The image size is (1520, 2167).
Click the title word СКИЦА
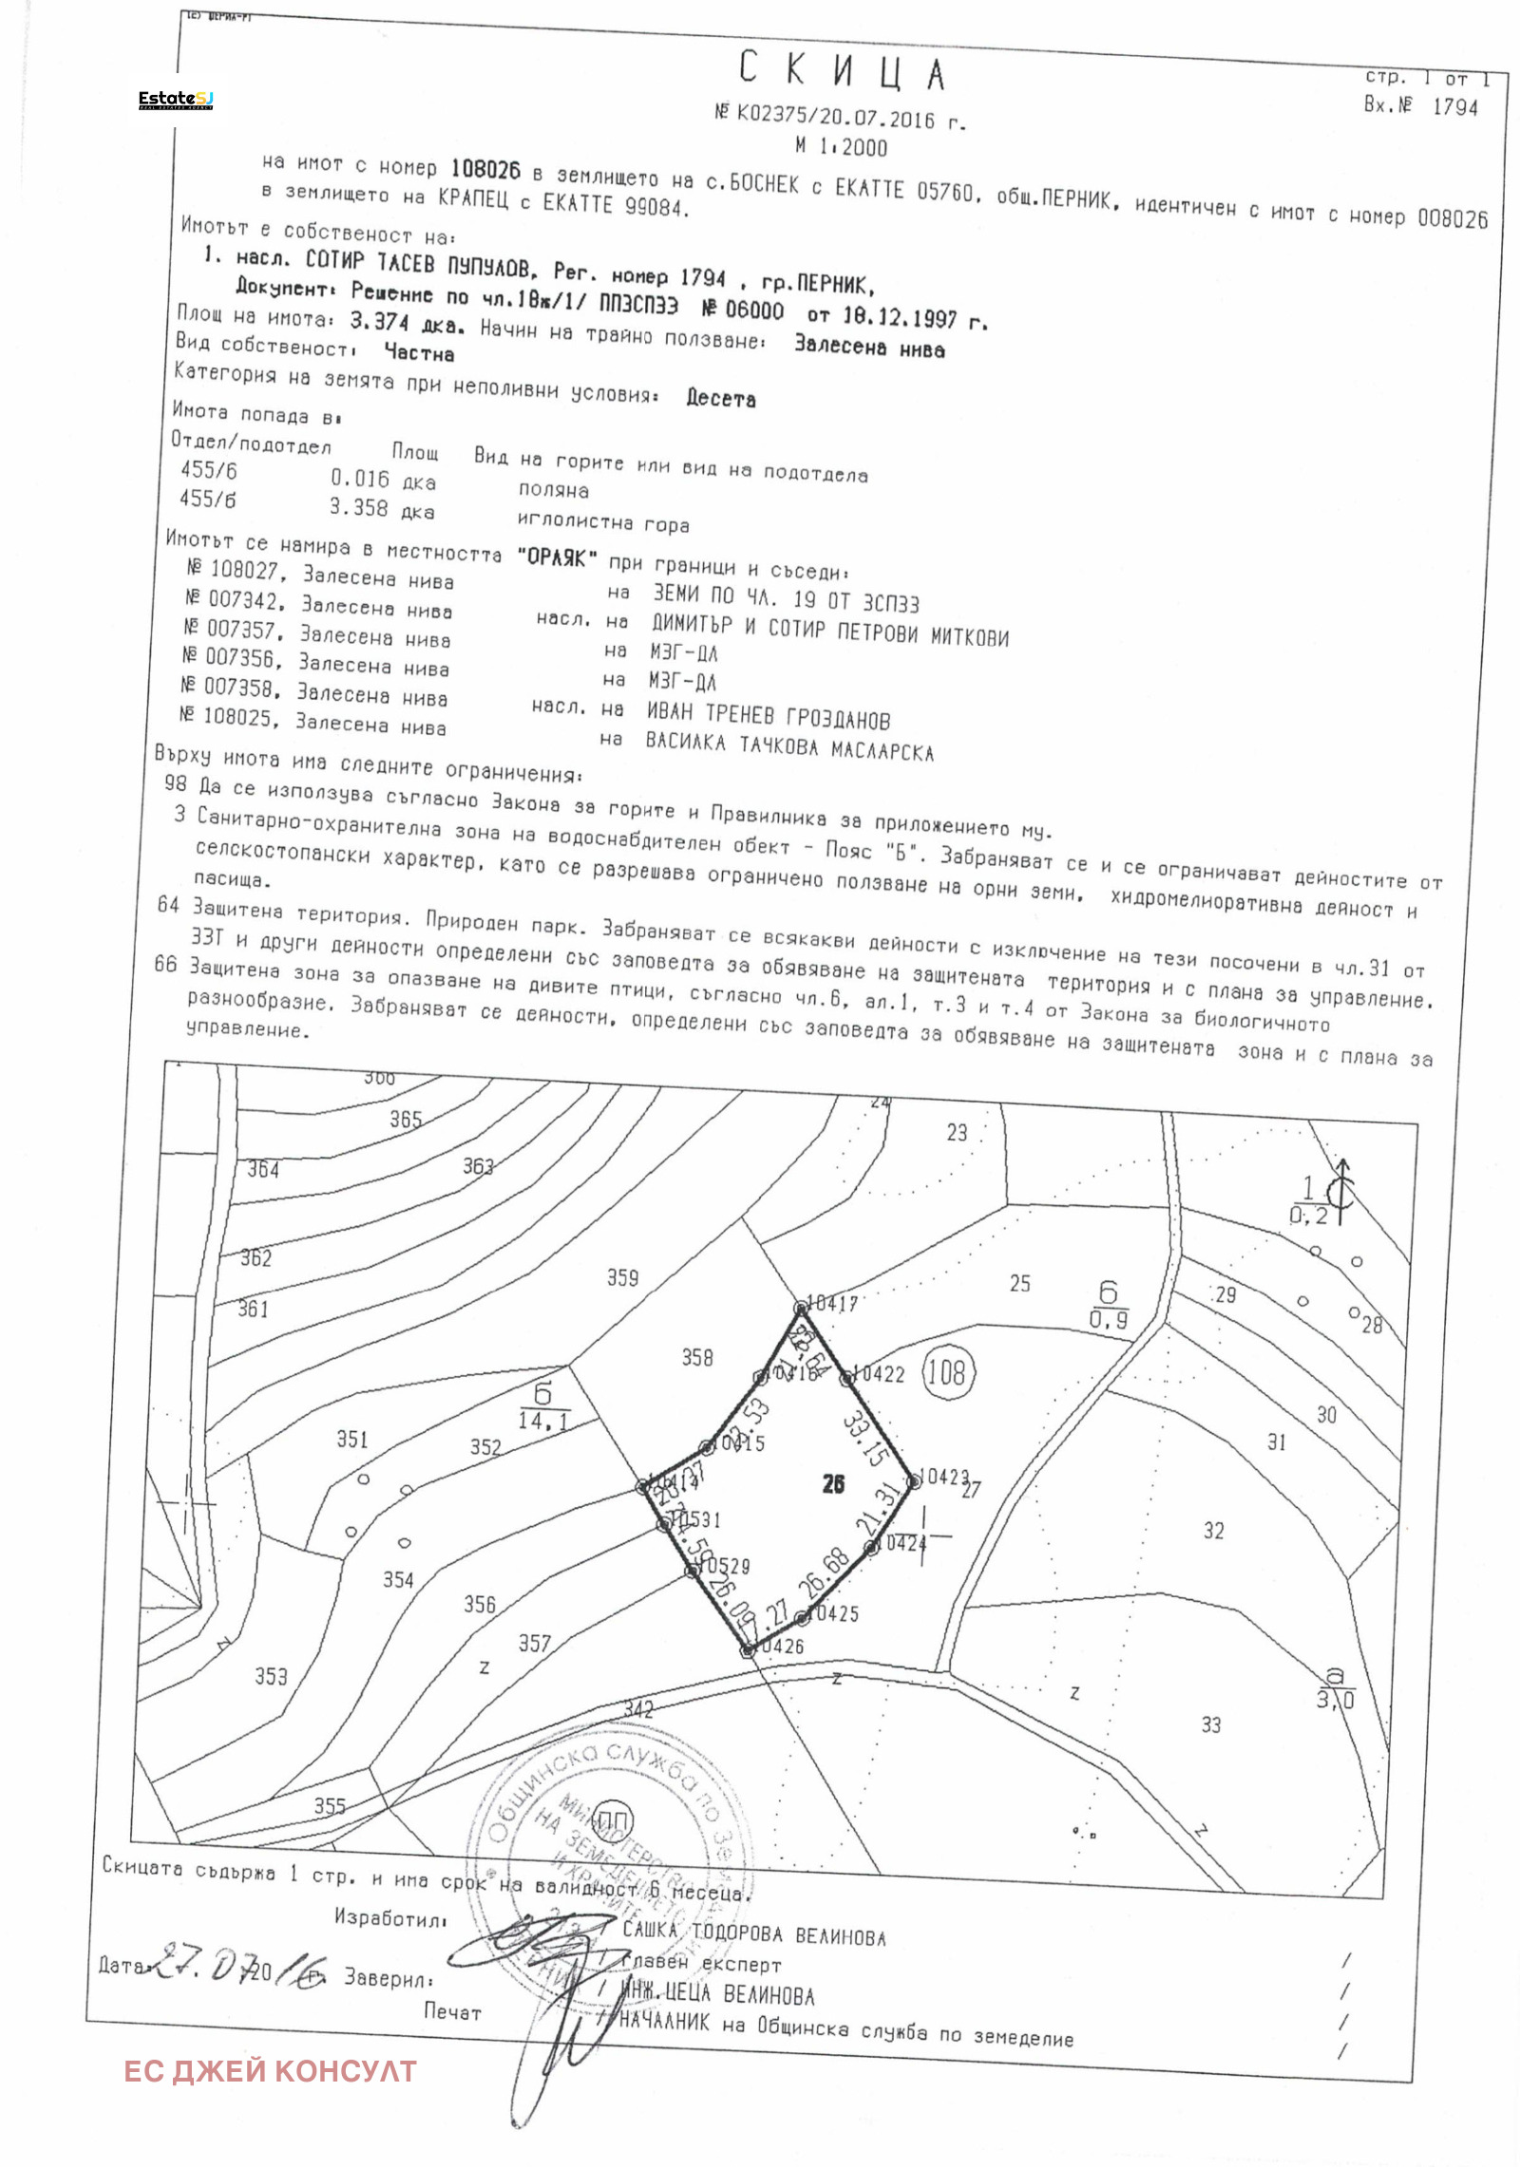coord(842,72)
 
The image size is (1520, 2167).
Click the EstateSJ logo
coord(176,100)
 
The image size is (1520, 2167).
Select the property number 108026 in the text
coord(485,169)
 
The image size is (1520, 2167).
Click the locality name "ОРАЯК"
coord(557,557)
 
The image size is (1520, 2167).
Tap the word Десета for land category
coord(721,398)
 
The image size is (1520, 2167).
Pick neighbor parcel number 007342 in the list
coord(245,601)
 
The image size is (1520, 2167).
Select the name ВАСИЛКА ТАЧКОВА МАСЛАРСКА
coord(789,747)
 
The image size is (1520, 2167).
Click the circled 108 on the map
coord(945,1371)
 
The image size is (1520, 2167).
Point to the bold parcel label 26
coord(833,1483)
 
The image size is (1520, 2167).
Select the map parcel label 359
coord(622,1278)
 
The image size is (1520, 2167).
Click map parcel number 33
coord(1210,1724)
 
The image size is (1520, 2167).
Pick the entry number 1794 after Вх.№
coord(1454,107)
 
